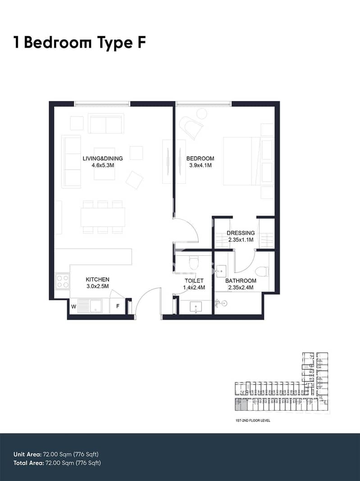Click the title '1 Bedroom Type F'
click(79, 43)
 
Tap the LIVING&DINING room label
click(103, 159)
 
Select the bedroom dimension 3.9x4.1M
click(201, 166)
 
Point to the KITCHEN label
click(97, 280)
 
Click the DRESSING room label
click(241, 233)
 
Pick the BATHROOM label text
click(241, 281)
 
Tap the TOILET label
click(194, 281)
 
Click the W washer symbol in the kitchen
click(73, 306)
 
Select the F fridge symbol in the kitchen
click(118, 306)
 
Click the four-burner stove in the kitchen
click(63, 281)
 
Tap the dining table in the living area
click(103, 217)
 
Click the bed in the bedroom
click(248, 161)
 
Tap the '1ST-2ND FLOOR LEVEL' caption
click(251, 420)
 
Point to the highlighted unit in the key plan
click(241, 404)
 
